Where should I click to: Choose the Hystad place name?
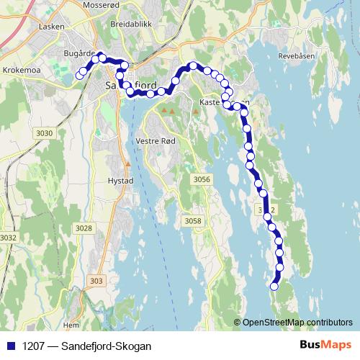(120, 181)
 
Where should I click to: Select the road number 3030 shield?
(45, 133)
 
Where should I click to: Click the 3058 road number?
(193, 221)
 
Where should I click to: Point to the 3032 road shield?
(9, 237)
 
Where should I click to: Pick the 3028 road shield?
(84, 228)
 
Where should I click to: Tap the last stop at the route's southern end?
(274, 287)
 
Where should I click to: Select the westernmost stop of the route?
(79, 75)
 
